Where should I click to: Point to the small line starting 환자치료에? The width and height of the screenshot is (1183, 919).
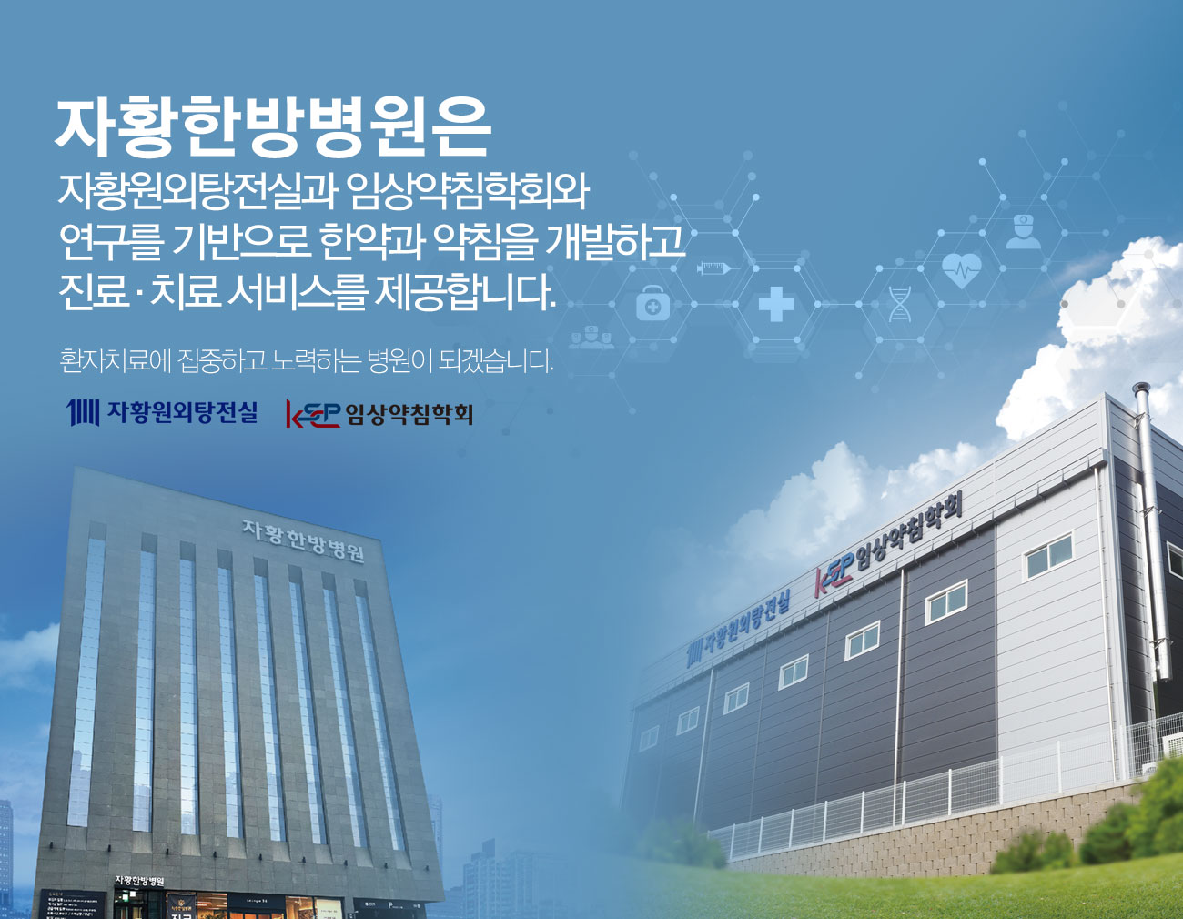[306, 361]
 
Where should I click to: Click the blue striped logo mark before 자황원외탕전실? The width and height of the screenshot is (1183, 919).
[83, 413]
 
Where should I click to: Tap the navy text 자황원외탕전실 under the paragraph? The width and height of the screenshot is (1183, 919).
[182, 413]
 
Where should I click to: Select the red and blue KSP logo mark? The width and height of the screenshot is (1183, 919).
[312, 415]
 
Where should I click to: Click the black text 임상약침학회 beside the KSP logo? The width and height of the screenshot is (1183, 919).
[409, 415]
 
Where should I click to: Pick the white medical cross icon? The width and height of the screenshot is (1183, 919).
[776, 305]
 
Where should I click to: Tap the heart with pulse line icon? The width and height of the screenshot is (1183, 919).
[961, 268]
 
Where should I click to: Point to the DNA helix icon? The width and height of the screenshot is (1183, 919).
[899, 304]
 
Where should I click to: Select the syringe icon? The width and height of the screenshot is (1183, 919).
[713, 268]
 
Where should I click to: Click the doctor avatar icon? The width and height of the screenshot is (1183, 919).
[1023, 231]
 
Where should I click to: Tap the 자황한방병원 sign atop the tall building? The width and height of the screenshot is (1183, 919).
[303, 540]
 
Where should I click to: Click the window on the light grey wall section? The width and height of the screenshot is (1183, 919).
[1049, 556]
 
